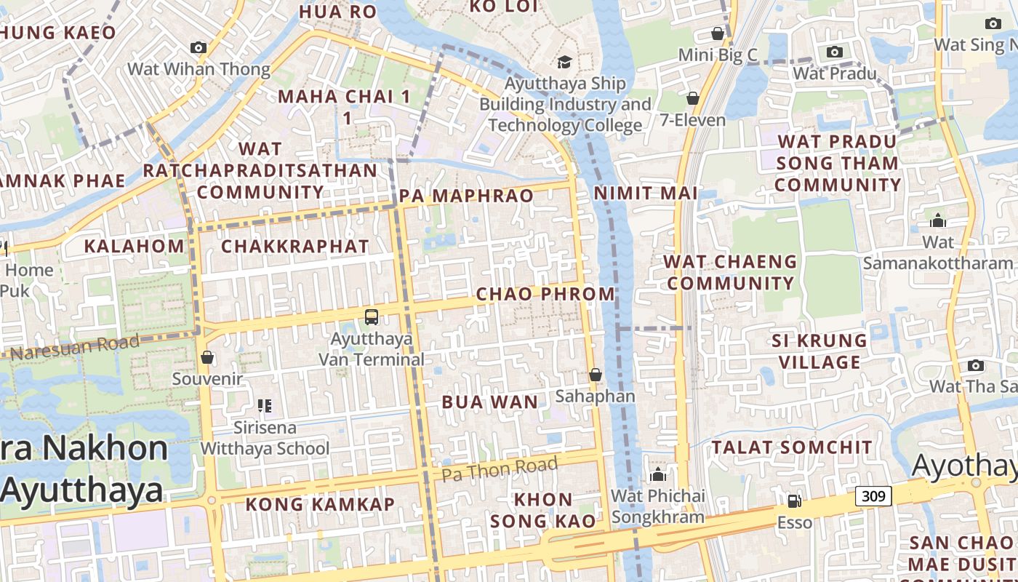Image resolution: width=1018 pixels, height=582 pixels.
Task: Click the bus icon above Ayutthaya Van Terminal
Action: point(372,317)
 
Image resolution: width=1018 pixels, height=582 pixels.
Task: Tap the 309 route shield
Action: point(873,496)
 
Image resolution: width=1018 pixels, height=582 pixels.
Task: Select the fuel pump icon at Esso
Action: point(794,501)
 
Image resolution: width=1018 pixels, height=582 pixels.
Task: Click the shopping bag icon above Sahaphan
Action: point(596,375)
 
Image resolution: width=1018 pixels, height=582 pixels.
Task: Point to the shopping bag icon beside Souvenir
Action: point(207,357)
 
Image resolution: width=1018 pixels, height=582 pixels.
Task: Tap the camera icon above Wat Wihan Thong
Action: point(199,47)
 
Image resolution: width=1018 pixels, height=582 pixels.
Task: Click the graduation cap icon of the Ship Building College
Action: point(564,61)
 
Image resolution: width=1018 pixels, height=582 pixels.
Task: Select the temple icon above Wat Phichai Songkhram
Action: point(658,475)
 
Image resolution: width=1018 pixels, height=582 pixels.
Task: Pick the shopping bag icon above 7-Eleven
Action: point(693,97)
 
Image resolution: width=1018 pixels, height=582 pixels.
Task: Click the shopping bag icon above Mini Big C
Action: point(718,33)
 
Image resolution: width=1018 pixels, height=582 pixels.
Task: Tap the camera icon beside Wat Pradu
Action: point(835,52)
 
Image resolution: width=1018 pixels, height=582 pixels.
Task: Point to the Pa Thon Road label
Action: point(500,469)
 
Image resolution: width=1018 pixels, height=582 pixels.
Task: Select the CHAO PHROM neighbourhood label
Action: point(545,294)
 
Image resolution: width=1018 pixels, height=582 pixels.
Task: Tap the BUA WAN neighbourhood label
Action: point(491,402)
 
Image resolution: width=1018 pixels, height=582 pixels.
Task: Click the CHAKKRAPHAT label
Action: point(295,246)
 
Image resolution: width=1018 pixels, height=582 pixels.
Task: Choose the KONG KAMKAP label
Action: point(320,503)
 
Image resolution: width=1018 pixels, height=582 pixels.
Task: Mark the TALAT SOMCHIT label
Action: point(792,447)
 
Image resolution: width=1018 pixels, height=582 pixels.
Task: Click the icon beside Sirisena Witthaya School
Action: point(265,405)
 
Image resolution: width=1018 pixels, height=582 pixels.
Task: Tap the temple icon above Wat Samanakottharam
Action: point(938,220)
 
